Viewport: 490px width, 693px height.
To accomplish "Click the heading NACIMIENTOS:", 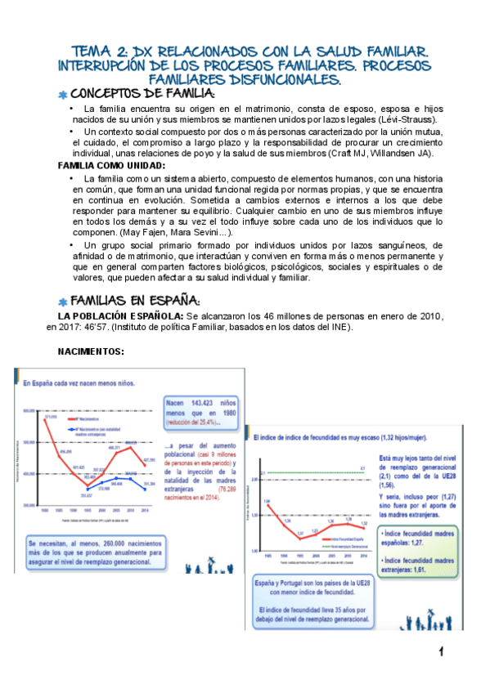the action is click(91, 351).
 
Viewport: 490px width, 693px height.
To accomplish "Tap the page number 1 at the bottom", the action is click(440, 651).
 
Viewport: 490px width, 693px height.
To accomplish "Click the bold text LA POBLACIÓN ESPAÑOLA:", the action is click(117, 316).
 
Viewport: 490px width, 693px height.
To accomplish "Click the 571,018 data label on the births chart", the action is click(50, 417).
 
